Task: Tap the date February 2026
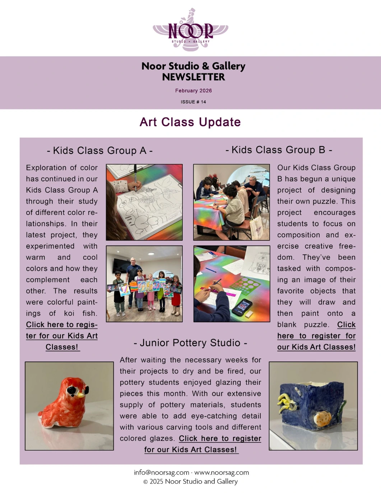193,91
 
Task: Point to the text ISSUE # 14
193,102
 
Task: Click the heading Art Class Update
190,122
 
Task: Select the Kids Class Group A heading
99,150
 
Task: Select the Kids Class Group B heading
279,149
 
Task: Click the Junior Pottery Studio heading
190,343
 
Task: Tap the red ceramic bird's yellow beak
81,395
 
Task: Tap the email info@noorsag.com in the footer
161,473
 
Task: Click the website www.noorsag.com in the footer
222,473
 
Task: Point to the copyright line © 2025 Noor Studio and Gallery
190,482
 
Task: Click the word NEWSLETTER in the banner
193,77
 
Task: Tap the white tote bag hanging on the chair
257,226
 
